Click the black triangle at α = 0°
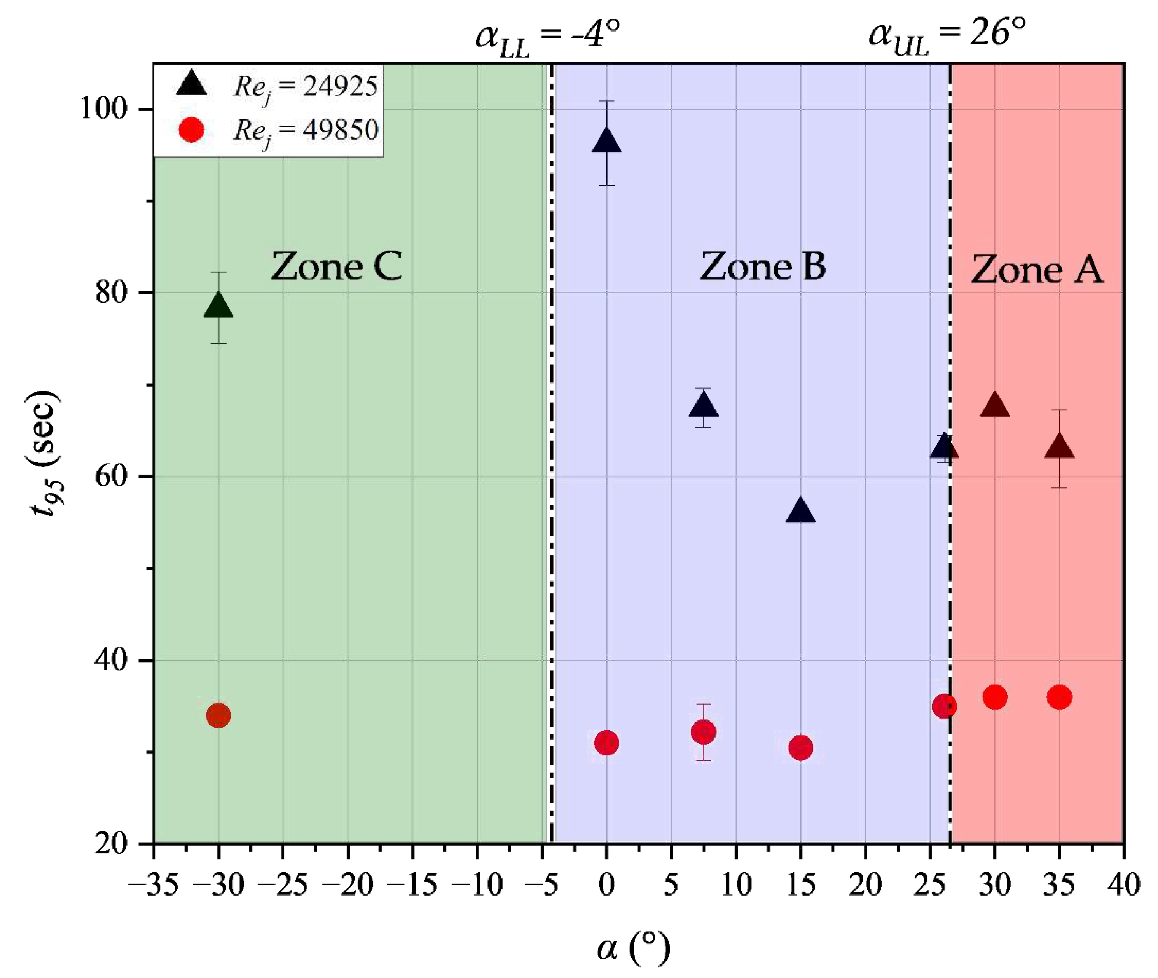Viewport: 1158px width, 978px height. pos(607,141)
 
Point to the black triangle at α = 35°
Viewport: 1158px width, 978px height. pos(1059,447)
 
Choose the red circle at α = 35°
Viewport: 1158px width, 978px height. pos(1059,697)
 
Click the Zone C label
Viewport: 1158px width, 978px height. pos(336,267)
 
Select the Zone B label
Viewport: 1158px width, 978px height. pos(763,267)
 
